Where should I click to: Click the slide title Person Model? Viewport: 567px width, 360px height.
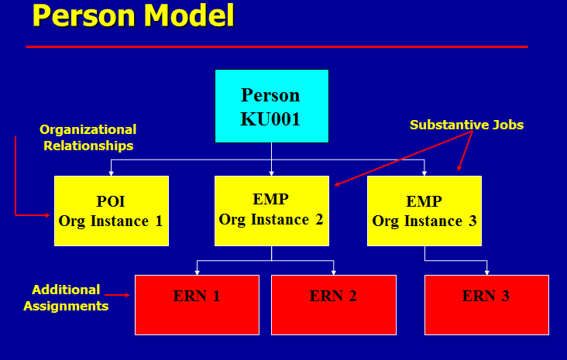[132, 16]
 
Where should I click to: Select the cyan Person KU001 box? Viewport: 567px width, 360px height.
[271, 106]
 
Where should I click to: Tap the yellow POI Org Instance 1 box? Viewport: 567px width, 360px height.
[112, 211]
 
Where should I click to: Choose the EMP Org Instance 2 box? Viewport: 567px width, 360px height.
[271, 210]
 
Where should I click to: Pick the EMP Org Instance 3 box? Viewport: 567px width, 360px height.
[424, 211]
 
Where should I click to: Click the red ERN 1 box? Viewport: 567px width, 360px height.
[197, 304]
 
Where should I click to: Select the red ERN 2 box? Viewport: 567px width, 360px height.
[333, 304]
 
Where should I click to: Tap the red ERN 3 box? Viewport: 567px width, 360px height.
[486, 304]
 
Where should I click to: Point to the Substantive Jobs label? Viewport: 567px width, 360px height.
[466, 125]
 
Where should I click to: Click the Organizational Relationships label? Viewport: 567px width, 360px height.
[88, 138]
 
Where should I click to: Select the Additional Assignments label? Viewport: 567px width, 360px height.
[66, 297]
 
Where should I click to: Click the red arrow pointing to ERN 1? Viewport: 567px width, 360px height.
[117, 295]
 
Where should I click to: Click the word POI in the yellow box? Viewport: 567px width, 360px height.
[111, 201]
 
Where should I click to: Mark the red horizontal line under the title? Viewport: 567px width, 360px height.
[277, 47]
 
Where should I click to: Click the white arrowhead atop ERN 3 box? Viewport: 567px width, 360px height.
[487, 272]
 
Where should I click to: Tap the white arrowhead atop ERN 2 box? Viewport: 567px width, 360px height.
[334, 272]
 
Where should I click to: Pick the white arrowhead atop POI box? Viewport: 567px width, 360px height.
[112, 173]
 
